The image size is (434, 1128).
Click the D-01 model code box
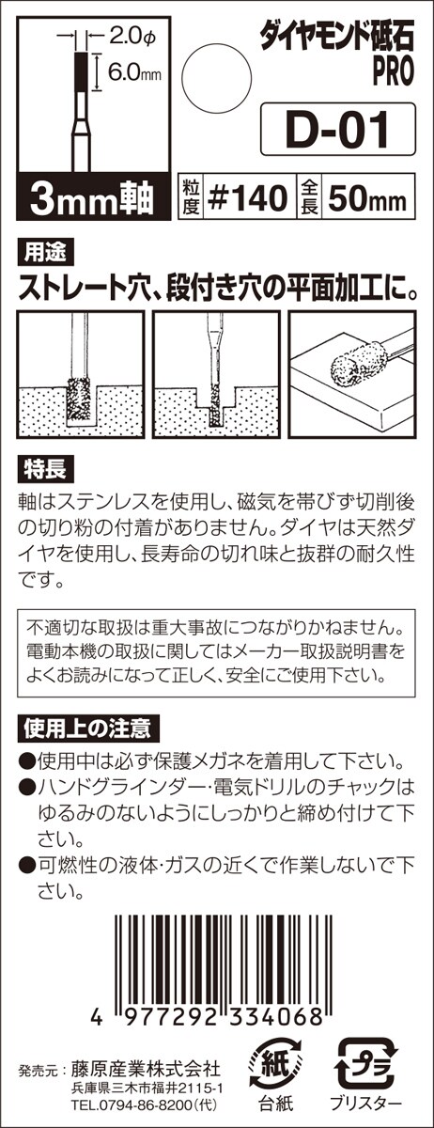[338, 129]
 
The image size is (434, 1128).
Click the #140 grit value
[247, 196]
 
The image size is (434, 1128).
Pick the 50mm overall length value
[367, 198]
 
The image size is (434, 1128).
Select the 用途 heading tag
[45, 253]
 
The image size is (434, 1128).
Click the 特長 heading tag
[45, 470]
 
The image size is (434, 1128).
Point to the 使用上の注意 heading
[88, 728]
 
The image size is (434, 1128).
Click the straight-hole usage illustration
[81, 374]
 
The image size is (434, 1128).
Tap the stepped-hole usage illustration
[216, 374]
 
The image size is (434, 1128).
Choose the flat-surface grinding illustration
[352, 374]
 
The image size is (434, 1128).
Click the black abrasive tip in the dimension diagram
[83, 71]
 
